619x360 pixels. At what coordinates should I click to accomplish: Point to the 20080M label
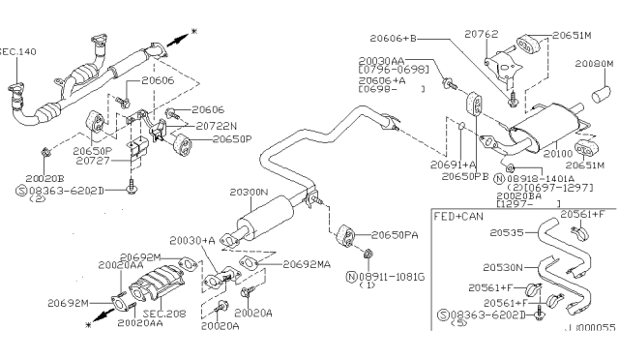click(594, 63)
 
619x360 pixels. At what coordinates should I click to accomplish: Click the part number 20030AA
click(380, 60)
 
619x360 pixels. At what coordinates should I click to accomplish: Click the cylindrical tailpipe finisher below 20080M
click(601, 94)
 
